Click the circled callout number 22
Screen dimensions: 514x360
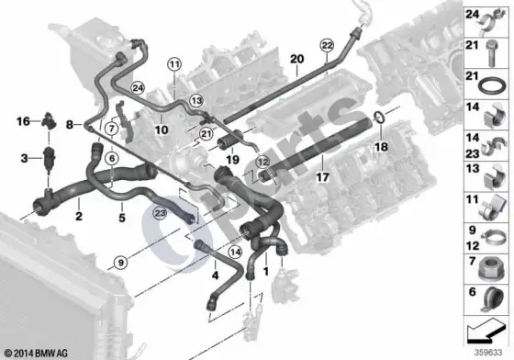pyautogui.click(x=327, y=45)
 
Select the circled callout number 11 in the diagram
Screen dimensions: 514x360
pyautogui.click(x=174, y=64)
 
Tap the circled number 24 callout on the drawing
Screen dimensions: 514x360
pyautogui.click(x=138, y=88)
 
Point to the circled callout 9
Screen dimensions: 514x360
pyautogui.click(x=121, y=263)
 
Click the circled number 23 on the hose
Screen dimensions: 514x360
pyautogui.click(x=161, y=213)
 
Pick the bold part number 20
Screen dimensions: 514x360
pyautogui.click(x=297, y=59)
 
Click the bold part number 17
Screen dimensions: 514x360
pyautogui.click(x=322, y=178)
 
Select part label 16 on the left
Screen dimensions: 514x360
pyautogui.click(x=23, y=121)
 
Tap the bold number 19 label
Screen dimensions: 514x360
pyautogui.click(x=232, y=160)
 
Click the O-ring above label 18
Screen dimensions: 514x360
pyautogui.click(x=380, y=117)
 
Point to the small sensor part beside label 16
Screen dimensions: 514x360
pyautogui.click(x=49, y=120)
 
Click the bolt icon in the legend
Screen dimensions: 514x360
pyautogui.click(x=491, y=53)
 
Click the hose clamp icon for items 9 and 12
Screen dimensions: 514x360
pyautogui.click(x=492, y=239)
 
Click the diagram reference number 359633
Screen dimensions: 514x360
pyautogui.click(x=488, y=353)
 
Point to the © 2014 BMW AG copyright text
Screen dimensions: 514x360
pyautogui.click(x=36, y=354)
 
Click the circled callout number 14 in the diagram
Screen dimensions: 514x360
pyautogui.click(x=235, y=253)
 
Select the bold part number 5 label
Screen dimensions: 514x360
pyautogui.click(x=122, y=218)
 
